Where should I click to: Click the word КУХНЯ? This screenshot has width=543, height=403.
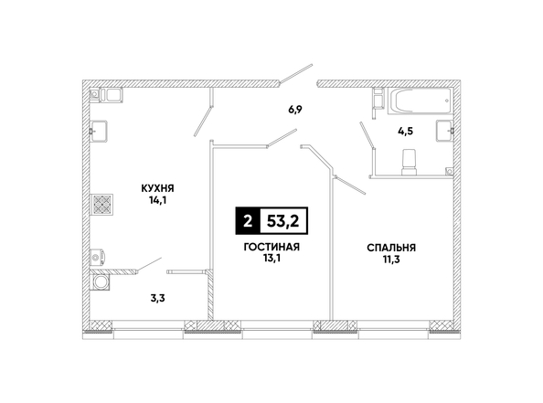(x=157, y=188)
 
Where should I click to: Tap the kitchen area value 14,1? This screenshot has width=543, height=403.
(x=158, y=200)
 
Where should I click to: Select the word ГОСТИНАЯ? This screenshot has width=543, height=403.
(x=271, y=247)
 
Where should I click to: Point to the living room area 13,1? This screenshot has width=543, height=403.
(x=271, y=259)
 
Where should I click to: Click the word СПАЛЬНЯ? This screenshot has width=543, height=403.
(x=391, y=248)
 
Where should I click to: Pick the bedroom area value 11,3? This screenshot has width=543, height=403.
(x=391, y=260)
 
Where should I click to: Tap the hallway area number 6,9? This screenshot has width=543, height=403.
(x=295, y=110)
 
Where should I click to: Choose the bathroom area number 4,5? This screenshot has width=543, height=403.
(x=406, y=132)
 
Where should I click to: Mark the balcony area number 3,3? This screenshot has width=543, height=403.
(x=157, y=298)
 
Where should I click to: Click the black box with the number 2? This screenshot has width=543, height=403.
(x=248, y=221)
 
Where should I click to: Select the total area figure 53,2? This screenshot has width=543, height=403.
(x=283, y=221)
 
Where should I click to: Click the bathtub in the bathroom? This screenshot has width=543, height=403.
(x=421, y=101)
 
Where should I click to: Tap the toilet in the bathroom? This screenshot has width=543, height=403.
(x=409, y=162)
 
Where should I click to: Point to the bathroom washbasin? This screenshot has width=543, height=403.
(x=444, y=131)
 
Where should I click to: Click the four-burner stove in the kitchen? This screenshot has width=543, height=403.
(x=102, y=204)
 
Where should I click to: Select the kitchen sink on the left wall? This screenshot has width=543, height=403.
(x=99, y=132)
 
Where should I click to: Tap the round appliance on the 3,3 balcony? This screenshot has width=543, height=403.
(x=101, y=281)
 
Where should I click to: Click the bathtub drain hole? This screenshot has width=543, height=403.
(x=447, y=101)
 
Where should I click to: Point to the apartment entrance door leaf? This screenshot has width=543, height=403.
(x=296, y=73)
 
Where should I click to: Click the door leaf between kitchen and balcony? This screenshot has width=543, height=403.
(x=149, y=265)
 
